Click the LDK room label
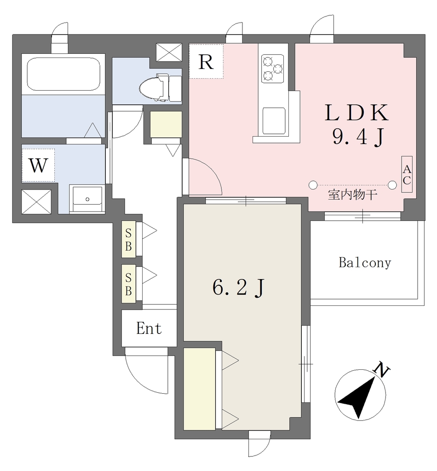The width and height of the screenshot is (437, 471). click(356, 113)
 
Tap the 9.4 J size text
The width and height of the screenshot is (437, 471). click(358, 137)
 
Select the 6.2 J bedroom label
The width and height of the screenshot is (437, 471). click(238, 288)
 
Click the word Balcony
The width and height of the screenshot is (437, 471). click(365, 263)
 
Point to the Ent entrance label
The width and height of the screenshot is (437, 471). click(149, 328)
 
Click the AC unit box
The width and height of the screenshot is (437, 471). click(407, 174)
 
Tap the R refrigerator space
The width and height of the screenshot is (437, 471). click(206, 61)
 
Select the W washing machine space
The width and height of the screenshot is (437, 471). click(38, 165)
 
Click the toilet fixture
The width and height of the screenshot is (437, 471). click(161, 87)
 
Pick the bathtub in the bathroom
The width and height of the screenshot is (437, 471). click(63, 74)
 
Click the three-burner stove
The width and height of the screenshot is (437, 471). click(273, 69)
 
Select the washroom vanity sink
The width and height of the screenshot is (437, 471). click(87, 199)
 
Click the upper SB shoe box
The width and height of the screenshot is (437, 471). click(128, 239)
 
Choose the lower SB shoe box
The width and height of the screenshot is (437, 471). click(128, 284)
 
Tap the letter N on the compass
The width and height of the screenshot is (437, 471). click(381, 371)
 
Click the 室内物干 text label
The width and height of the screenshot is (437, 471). click(352, 195)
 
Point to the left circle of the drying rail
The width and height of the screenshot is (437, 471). click(313, 185)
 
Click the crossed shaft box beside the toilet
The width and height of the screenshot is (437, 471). click(169, 52)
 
